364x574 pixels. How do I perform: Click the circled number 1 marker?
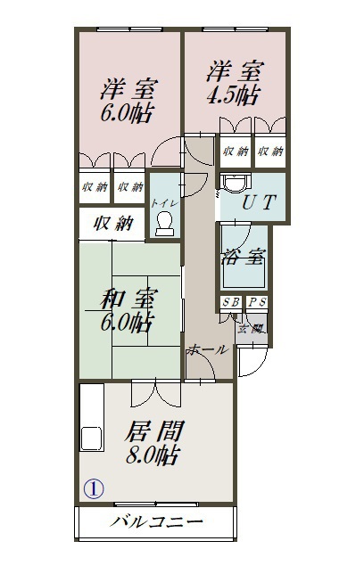point(95,488)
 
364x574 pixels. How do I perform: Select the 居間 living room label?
point(153,432)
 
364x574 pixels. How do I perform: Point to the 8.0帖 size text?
point(153,455)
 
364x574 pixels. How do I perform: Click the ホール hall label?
point(207,350)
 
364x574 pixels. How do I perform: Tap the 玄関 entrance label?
point(249,328)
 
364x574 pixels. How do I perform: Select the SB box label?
point(230,303)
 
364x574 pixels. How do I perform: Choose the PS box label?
point(257,303)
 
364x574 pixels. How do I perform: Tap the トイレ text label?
point(163,203)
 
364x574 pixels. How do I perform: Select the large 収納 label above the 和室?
point(114,222)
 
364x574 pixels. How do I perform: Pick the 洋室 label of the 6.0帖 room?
point(128,89)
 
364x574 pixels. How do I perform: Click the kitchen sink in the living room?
point(90,439)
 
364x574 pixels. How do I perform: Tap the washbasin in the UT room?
point(234,182)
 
